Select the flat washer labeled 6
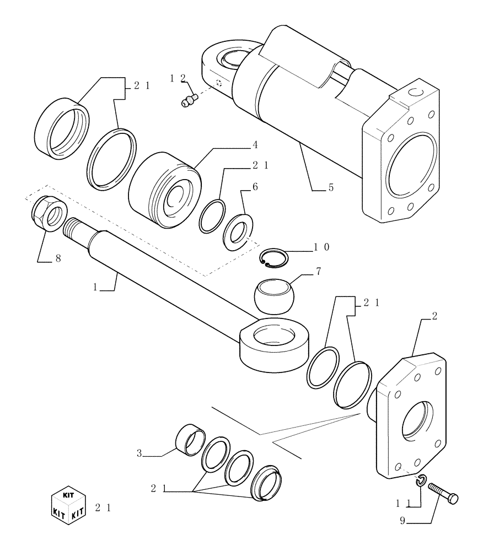tap(238, 229)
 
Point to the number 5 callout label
tap(330, 188)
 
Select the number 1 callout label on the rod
tap(95, 287)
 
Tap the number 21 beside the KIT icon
tap(103, 508)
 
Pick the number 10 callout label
tap(321, 247)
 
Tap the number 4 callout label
tap(254, 145)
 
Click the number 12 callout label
tap(178, 79)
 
